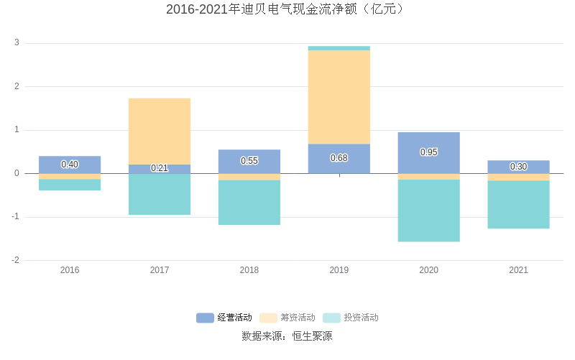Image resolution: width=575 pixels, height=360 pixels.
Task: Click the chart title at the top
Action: click(x=287, y=9)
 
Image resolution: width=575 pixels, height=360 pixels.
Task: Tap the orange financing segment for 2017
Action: click(x=160, y=131)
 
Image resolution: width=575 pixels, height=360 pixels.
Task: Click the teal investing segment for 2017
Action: click(x=160, y=194)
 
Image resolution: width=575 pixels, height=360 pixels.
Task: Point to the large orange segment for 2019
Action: click(x=339, y=97)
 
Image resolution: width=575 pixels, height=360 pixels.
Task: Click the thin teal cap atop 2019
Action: click(x=339, y=48)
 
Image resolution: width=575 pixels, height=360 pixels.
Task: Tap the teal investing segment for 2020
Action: click(x=429, y=211)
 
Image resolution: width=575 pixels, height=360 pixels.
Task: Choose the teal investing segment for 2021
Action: click(x=519, y=205)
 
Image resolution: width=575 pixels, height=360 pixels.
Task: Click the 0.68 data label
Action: click(x=339, y=158)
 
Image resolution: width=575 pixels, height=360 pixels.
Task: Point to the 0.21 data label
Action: click(x=160, y=168)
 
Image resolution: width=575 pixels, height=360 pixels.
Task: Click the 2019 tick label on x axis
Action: click(x=339, y=270)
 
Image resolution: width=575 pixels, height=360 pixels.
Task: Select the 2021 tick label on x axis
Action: click(x=519, y=270)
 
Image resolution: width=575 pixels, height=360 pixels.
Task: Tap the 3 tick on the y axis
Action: click(x=17, y=43)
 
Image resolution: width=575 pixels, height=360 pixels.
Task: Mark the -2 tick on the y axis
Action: click(x=15, y=260)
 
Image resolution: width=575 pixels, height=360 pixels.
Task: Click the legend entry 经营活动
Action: click(x=225, y=318)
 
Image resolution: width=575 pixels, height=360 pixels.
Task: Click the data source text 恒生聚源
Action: click(x=312, y=336)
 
